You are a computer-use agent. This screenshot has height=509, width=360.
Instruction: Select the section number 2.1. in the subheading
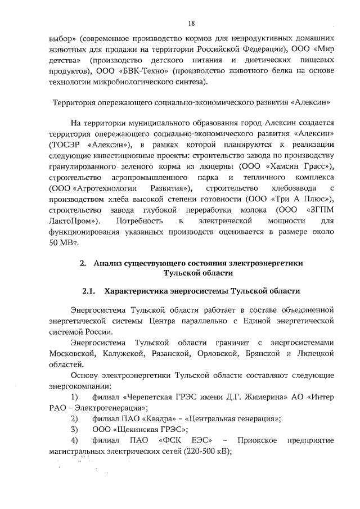(x=90, y=291)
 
